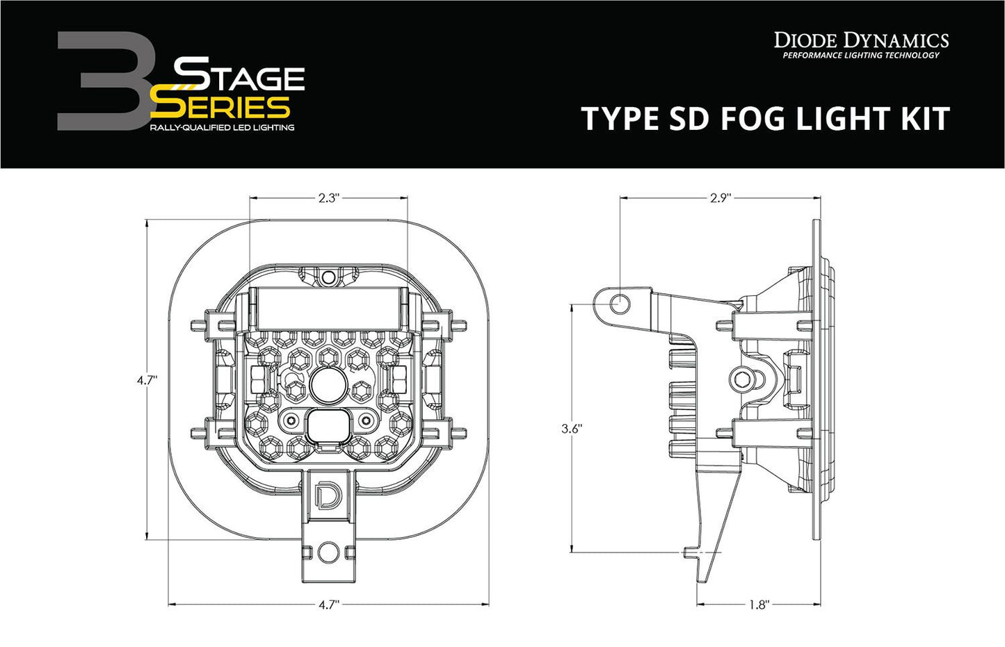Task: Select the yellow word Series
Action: (220, 106)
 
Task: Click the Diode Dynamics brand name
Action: (861, 40)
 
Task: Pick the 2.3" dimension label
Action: (328, 198)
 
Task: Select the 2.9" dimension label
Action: (721, 198)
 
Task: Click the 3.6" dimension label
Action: (571, 429)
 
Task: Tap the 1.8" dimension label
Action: (759, 605)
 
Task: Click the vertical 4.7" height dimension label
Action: (147, 379)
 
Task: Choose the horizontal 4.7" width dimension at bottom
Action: (328, 605)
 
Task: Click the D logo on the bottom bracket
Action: (325, 495)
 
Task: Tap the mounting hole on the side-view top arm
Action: (621, 303)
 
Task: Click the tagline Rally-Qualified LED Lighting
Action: (222, 127)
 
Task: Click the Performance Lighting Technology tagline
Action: (861, 56)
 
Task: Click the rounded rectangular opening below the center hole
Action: (325, 425)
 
